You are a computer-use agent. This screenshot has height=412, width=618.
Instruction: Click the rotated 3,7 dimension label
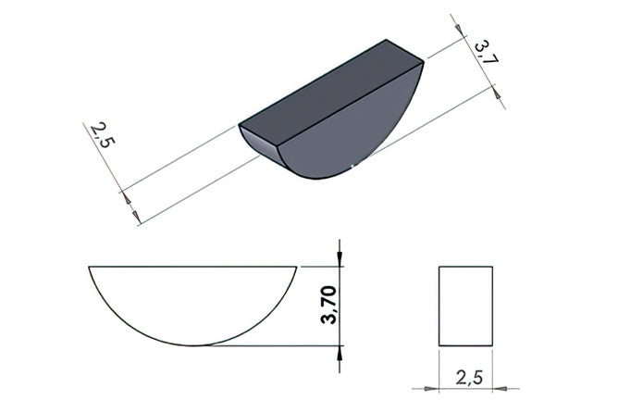pos(487,52)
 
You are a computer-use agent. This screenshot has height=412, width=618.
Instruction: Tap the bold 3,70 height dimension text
pos(328,305)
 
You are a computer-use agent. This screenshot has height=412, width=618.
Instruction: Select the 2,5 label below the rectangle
pos(469,378)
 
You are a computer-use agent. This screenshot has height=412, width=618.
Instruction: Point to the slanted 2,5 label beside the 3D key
pos(103,135)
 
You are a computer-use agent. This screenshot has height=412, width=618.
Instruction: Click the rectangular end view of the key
pos(466,306)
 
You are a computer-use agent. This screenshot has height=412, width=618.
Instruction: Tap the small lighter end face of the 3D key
pos(260,145)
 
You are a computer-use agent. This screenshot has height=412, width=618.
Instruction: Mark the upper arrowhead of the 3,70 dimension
pos(340,257)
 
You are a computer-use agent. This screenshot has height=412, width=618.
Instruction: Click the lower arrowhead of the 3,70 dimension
pos(340,355)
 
